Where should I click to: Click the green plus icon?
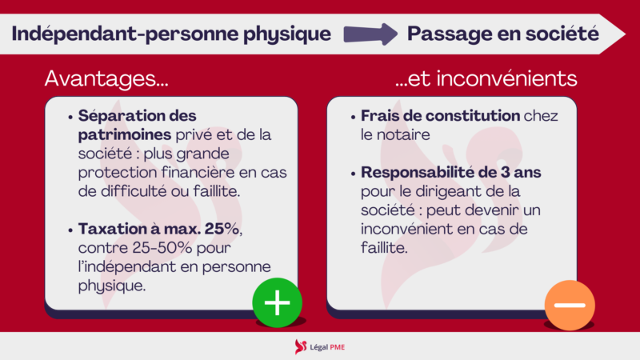click(x=277, y=302)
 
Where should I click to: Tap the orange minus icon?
click(x=570, y=305)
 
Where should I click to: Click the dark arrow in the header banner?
click(x=370, y=34)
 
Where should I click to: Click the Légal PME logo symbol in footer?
click(x=301, y=346)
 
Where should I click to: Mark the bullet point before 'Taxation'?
click(x=73, y=230)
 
